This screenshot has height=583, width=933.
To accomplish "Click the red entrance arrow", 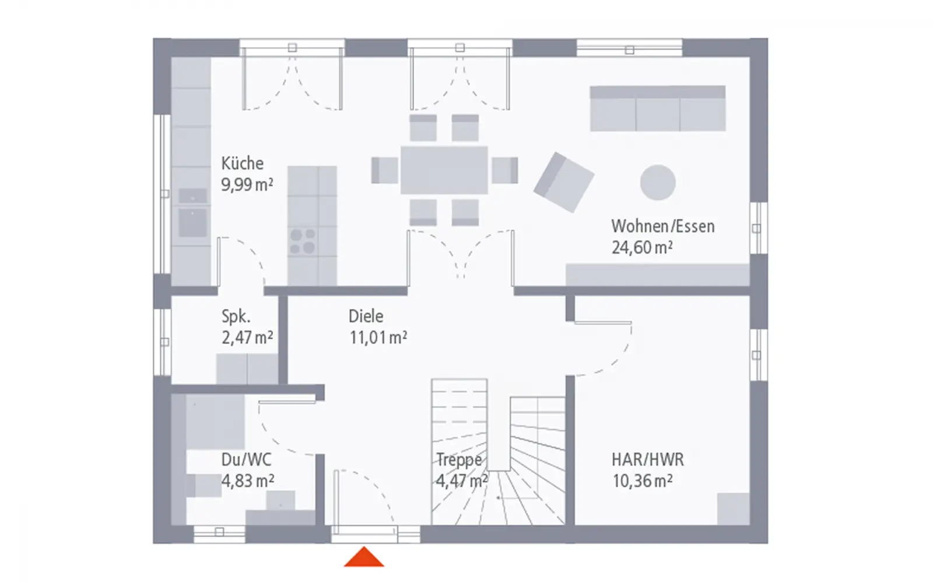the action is click(364, 557).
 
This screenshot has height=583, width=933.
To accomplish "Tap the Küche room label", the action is click(243, 163).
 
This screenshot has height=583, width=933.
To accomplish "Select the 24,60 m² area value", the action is click(642, 247).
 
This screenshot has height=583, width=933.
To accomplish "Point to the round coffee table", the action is click(658, 182).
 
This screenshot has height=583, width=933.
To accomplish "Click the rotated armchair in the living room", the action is click(564, 182).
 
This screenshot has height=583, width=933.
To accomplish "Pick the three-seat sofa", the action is click(658, 108).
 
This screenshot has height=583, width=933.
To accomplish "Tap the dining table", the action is click(444, 170).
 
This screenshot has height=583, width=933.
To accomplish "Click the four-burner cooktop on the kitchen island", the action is click(303, 241).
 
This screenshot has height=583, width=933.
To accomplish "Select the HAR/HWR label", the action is click(648, 460).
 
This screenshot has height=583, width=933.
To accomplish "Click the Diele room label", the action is click(366, 317).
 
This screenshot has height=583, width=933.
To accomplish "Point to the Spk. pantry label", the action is click(236, 317).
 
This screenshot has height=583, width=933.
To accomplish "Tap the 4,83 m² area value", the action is click(247, 481).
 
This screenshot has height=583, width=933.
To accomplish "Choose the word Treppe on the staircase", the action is click(459, 460).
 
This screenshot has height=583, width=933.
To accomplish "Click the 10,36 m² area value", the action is click(642, 481).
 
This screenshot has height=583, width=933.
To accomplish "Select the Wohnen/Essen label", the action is click(662, 227).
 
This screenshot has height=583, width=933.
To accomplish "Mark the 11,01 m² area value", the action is click(378, 338).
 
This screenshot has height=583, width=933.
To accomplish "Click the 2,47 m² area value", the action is click(247, 338).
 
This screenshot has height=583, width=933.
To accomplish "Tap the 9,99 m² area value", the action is click(247, 184).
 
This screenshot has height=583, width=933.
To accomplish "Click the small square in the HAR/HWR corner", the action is click(734, 509).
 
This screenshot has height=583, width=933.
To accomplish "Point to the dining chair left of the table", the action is click(384, 170).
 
